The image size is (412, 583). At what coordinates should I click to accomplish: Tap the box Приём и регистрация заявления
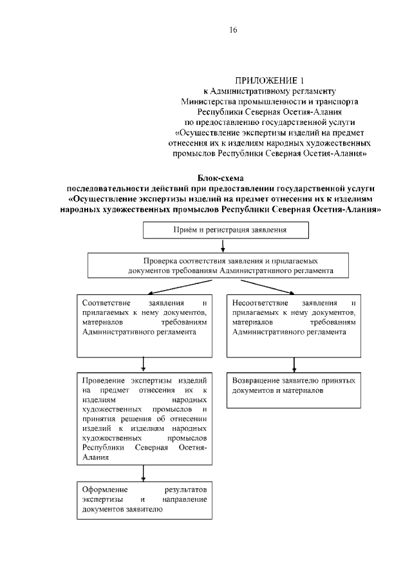[x=225, y=229]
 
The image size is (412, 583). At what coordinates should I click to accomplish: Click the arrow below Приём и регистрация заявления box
[x=222, y=245]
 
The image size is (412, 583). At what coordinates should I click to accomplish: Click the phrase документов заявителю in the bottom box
[x=122, y=509]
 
